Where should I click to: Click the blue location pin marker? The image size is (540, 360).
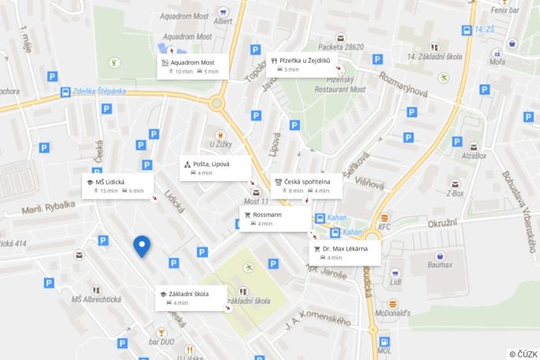pyautogui.click(x=142, y=246)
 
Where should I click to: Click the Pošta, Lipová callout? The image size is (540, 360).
pyautogui.click(x=215, y=168)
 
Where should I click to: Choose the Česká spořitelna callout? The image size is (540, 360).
pyautogui.click(x=306, y=185)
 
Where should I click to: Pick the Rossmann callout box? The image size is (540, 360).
pyautogui.click(x=275, y=218)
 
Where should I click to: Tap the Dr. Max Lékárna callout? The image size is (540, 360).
pyautogui.click(x=346, y=252)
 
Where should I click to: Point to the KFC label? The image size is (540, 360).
pyautogui.click(x=384, y=228)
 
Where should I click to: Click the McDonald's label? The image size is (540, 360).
pyautogui.click(x=392, y=313)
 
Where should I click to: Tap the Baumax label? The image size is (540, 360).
pyautogui.click(x=440, y=265)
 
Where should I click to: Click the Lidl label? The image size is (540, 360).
pyautogui.click(x=395, y=281)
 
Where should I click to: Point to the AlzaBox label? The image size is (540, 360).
pyautogui.click(x=473, y=156)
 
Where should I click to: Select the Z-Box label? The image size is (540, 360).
pyautogui.click(x=455, y=193)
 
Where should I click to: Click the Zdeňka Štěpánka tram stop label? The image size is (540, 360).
pyautogui.click(x=98, y=91)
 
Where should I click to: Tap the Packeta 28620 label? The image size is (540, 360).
pyautogui.click(x=340, y=47)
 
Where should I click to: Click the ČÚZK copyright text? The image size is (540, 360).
pyautogui.click(x=523, y=354)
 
